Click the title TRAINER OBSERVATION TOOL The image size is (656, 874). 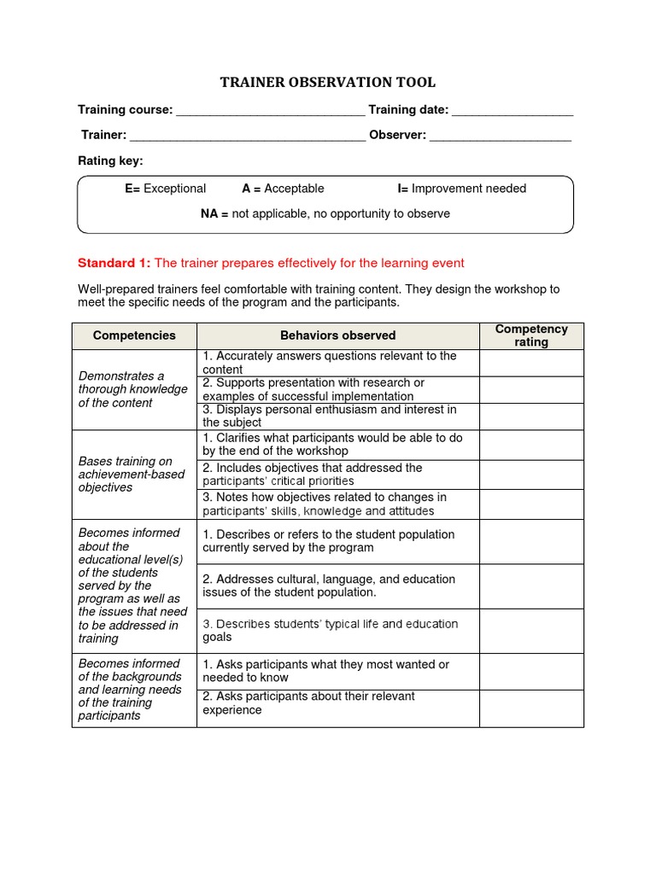coord(328,82)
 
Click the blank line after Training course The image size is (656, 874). coord(270,112)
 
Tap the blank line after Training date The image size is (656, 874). coord(512,112)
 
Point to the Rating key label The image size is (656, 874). coord(111,160)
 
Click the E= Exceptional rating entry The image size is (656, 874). coord(166,189)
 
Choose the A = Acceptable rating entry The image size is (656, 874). coord(283,189)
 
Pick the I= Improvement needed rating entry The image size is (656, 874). coord(461,189)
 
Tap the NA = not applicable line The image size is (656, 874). coord(325,213)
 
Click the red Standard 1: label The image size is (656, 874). coord(114,263)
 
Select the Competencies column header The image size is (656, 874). coord(134,335)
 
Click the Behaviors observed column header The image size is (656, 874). coord(337,335)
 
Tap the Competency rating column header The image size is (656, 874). coord(531,335)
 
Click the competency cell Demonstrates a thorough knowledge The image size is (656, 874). coord(133,389)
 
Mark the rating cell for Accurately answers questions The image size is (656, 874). coord(531,363)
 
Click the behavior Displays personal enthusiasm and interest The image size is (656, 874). coord(330,416)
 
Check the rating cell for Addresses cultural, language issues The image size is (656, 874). coord(531,586)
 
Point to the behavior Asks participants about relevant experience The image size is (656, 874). coord(308,703)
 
